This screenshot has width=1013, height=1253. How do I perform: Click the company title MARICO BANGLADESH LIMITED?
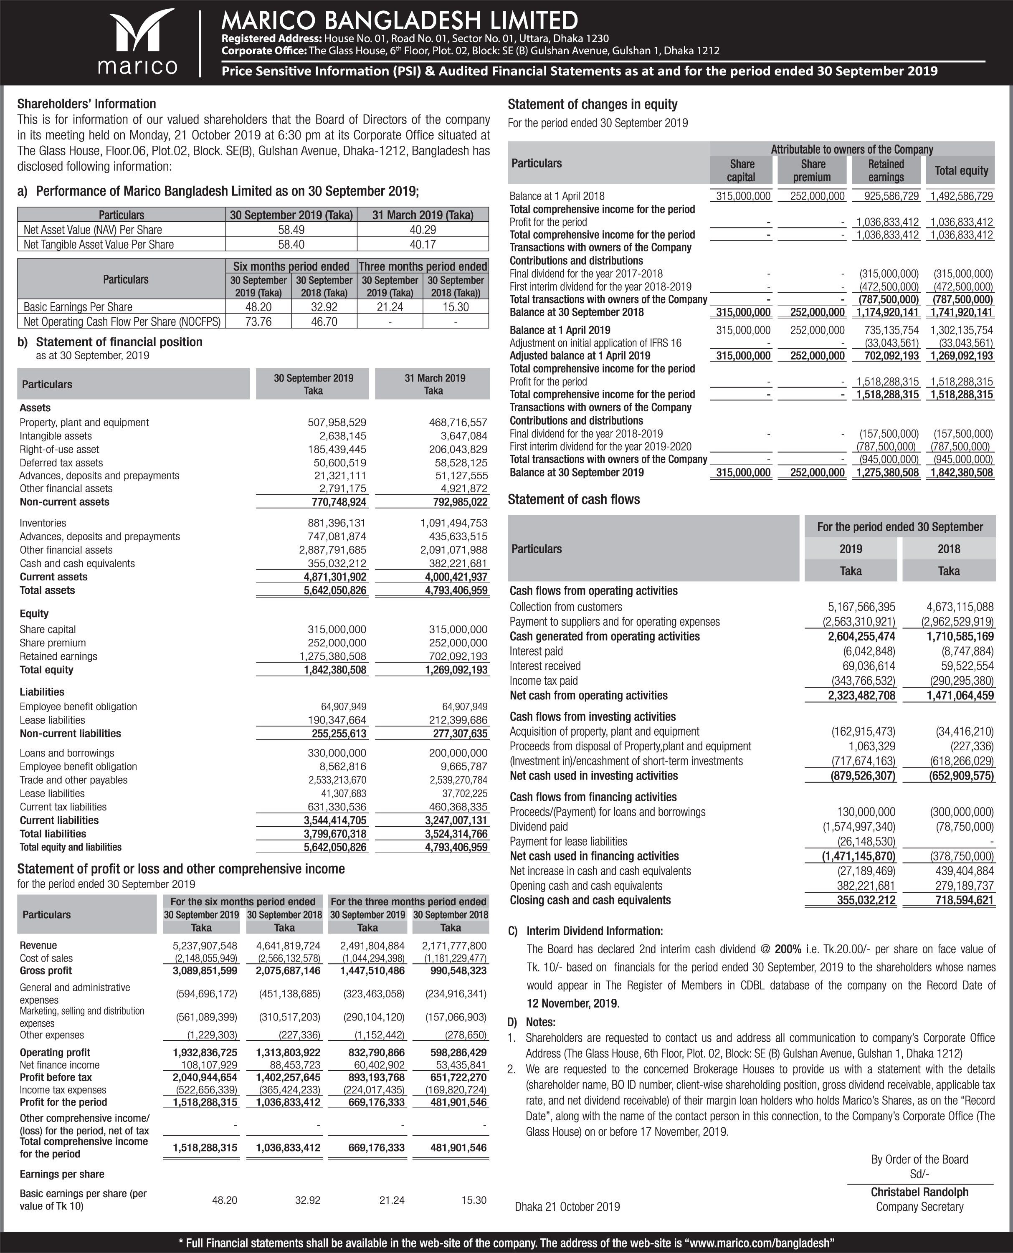[400, 21]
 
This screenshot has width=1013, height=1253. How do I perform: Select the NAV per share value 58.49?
[291, 230]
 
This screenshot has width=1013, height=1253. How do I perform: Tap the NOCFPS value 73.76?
[258, 321]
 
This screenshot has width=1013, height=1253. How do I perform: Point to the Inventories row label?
[43, 523]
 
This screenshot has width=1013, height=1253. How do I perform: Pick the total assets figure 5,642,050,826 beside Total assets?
[337, 590]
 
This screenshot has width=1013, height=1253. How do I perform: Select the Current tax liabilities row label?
[63, 807]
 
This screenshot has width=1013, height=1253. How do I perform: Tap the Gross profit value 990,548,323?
[454, 971]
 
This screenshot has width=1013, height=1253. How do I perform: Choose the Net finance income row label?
[51, 1065]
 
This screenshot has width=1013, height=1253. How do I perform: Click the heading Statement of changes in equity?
[592, 104]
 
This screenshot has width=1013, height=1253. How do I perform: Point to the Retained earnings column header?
[885, 170]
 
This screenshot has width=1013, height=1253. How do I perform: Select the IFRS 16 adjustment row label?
[595, 343]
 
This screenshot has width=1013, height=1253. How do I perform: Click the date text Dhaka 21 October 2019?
[567, 1206]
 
